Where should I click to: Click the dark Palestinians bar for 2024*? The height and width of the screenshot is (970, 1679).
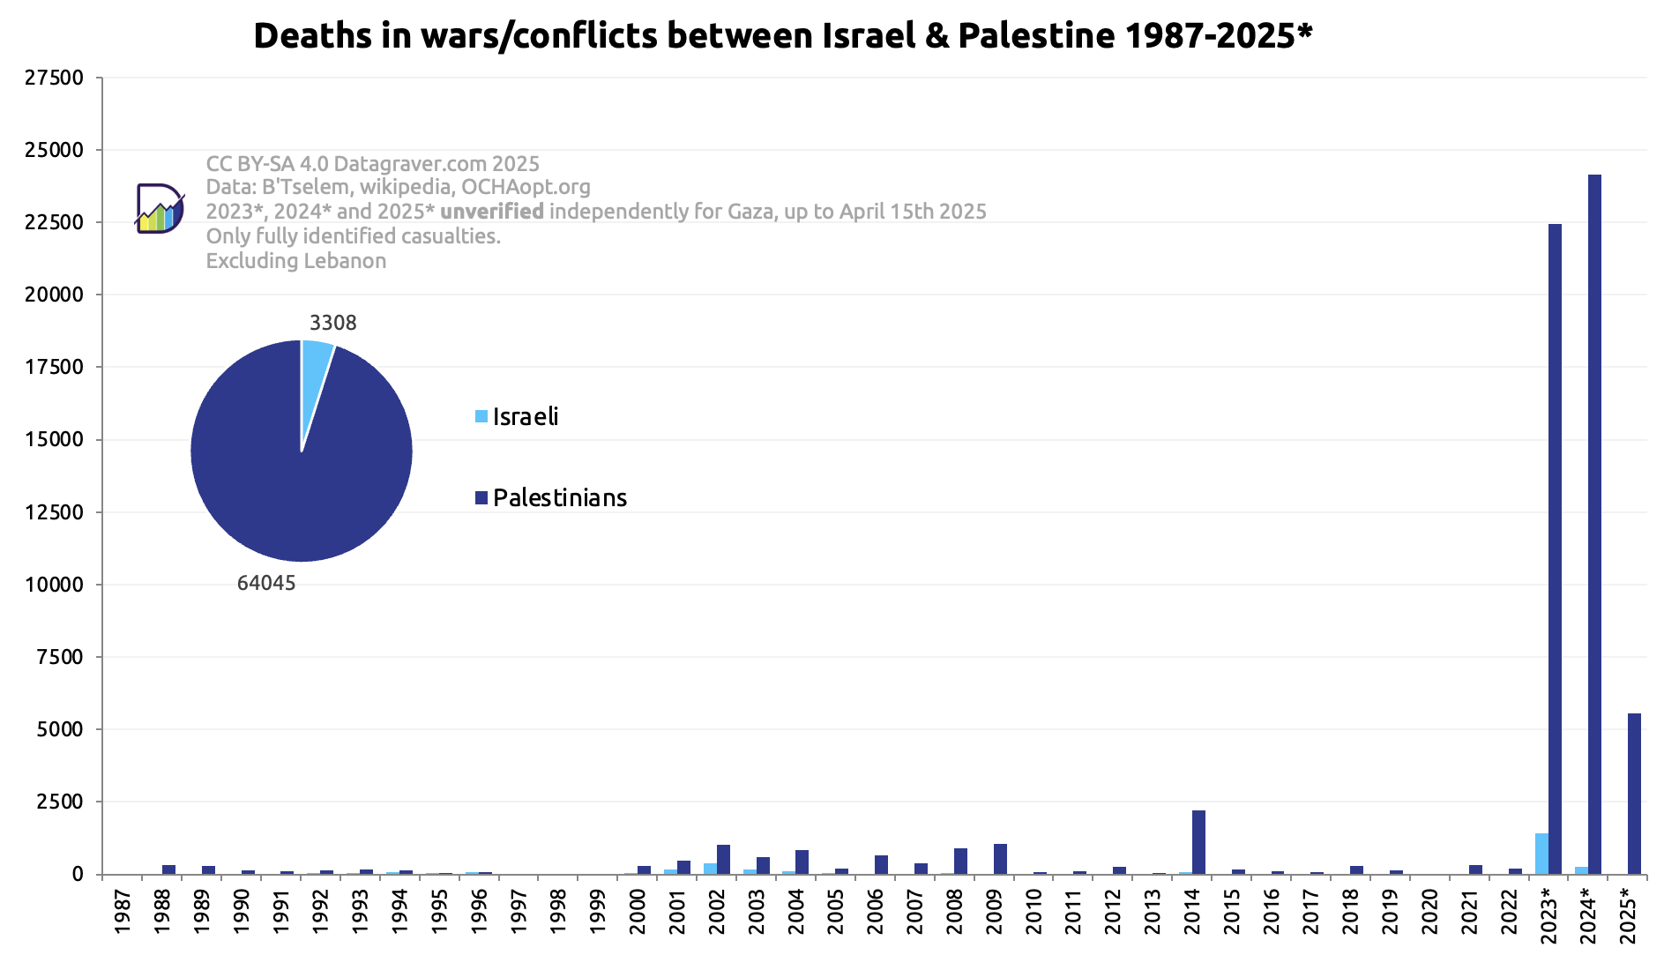1594,524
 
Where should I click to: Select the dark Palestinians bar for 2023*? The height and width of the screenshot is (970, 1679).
1555,548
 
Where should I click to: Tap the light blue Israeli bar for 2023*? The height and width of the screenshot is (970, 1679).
1541,854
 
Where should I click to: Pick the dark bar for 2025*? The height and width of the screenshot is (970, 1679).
1634,794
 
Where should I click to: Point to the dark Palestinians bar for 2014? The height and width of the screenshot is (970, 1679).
1198,842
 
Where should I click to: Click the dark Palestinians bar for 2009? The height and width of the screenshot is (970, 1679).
1000,859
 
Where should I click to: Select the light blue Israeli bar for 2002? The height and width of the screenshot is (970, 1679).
710,869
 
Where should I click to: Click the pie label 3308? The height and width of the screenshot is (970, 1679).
333,323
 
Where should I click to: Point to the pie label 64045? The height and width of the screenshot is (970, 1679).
266,584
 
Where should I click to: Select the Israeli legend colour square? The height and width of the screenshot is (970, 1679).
481,416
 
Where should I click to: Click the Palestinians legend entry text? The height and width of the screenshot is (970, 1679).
560,498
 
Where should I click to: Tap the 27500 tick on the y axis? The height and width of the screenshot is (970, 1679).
55,78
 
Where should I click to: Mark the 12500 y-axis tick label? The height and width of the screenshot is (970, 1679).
55,512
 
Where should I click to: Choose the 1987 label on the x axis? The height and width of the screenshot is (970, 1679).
123,912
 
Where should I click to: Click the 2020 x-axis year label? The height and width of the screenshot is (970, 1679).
1429,912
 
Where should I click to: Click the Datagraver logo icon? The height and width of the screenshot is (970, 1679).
160,209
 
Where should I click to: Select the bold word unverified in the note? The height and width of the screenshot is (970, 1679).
492,212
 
